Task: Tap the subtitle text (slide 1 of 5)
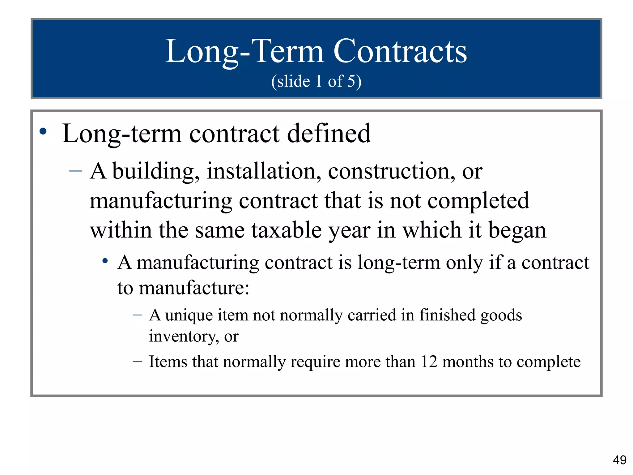click(x=316, y=81)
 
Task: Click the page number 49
click(x=619, y=460)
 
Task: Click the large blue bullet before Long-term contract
click(x=43, y=131)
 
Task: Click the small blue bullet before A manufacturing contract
click(x=105, y=261)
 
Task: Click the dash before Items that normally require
click(x=137, y=361)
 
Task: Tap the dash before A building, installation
click(x=76, y=170)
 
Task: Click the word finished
click(x=447, y=315)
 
